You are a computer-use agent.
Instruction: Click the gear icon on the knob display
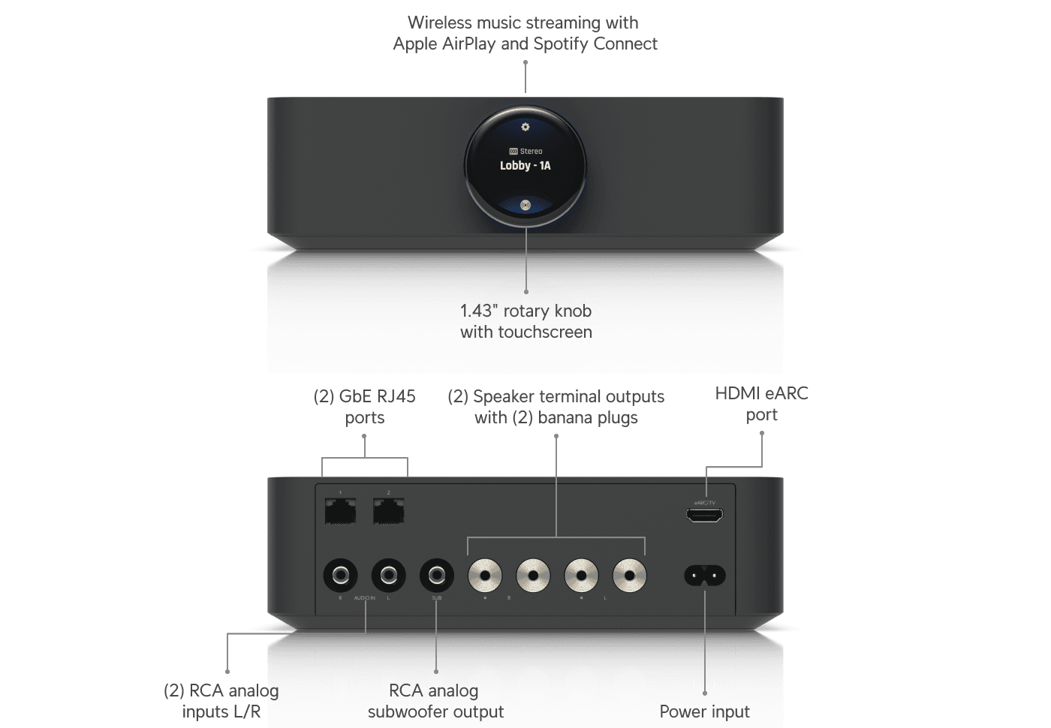525,127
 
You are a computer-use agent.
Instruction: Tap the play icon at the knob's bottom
525,204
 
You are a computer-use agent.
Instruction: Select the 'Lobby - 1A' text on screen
525,166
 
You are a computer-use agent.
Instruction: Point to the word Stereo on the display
531,152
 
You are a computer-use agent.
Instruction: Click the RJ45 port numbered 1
340,511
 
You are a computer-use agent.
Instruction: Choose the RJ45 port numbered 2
388,511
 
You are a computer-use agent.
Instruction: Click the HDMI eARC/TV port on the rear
704,515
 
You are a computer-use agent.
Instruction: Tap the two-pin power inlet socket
704,576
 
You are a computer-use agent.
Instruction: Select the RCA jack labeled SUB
436,576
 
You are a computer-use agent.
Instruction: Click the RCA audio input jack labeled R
340,576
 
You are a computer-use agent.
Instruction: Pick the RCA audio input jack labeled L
388,576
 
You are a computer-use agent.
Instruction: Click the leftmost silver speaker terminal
485,576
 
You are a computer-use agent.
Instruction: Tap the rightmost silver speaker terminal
629,576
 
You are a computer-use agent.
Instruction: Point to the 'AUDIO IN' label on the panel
364,598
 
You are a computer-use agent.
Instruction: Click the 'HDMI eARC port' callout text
761,404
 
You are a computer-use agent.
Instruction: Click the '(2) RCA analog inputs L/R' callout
221,701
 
